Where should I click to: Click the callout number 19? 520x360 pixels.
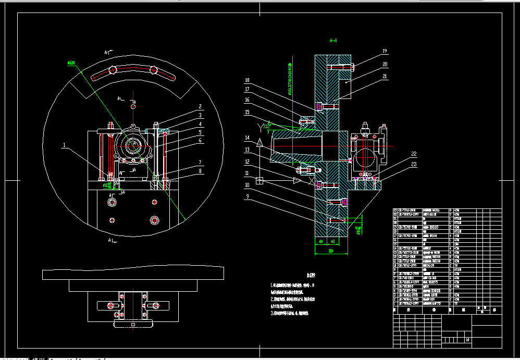coord(385,51)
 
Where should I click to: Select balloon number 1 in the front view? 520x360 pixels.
coord(64,146)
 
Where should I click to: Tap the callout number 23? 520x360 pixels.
coord(399,165)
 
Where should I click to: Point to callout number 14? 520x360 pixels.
coord(247,138)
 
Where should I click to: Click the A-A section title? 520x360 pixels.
coord(333,40)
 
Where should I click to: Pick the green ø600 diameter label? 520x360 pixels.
coord(71,63)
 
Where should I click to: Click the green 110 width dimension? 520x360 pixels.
coord(330,251)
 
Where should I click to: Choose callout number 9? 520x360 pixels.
coord(247,196)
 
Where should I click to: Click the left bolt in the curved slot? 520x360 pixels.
coord(113,71)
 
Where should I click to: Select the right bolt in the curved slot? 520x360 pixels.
coord(153,70)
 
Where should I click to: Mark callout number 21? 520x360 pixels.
coord(385,77)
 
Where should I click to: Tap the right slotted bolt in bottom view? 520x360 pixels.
coord(155,305)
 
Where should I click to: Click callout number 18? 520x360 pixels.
coord(247,80)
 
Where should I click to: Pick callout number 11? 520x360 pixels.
coord(247,172)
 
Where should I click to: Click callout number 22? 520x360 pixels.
coord(399,154)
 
